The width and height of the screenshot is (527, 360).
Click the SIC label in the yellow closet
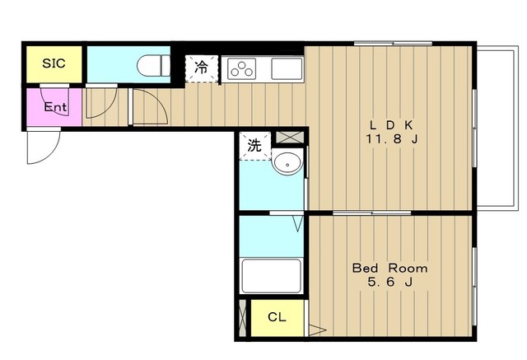point(54,63)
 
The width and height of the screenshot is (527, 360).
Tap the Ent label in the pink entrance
point(56,107)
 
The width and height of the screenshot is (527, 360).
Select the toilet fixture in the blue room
point(154,66)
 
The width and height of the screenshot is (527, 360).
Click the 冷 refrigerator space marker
point(202,68)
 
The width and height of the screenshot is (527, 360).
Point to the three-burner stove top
point(241,68)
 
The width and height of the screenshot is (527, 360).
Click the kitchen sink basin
point(287,68)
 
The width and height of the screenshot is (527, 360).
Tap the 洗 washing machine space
point(254,146)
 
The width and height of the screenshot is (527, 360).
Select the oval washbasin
point(287,163)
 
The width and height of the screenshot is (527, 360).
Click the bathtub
point(271,276)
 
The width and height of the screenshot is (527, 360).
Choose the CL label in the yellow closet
point(277,316)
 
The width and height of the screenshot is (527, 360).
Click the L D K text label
point(391,125)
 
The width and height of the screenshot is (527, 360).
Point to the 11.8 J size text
point(391,139)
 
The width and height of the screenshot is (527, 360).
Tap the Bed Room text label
point(389,269)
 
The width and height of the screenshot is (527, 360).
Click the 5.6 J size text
point(389,282)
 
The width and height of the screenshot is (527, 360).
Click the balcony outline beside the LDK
point(514,128)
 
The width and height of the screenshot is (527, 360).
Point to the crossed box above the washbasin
point(290,137)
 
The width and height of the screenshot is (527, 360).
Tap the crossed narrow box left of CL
point(242,318)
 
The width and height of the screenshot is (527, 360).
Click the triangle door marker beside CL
point(317,330)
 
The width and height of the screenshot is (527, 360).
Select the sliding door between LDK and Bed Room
point(372,213)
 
